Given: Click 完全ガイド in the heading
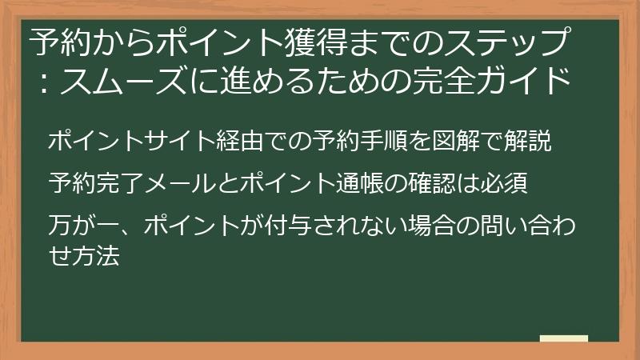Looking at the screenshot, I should (x=503, y=82).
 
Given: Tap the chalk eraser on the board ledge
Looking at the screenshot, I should (x=564, y=339).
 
